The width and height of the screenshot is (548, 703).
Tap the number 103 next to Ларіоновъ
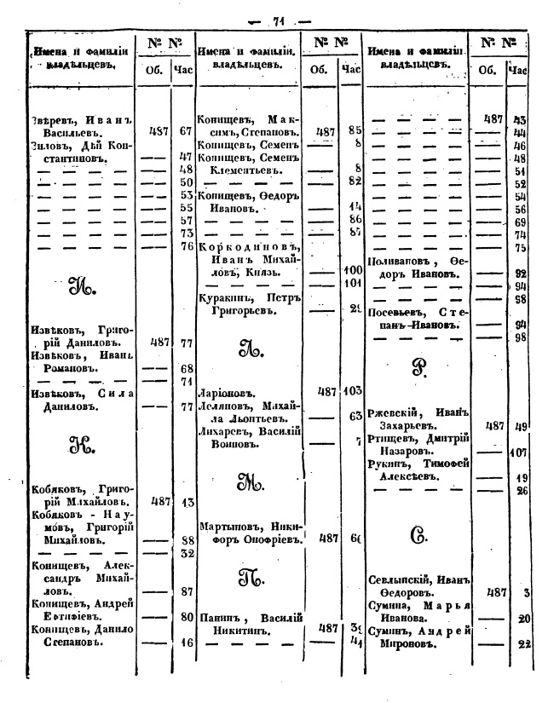352,391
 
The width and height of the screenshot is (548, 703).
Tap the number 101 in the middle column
352,282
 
